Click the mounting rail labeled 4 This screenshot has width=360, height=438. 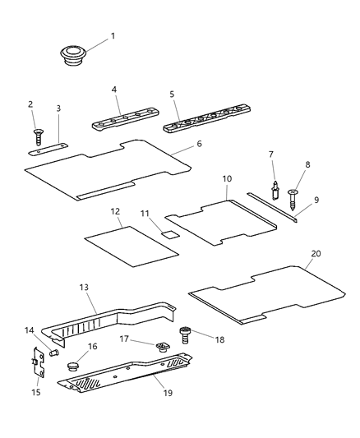point(120,121)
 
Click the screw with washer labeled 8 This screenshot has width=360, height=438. point(295,191)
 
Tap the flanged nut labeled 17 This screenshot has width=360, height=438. point(161,347)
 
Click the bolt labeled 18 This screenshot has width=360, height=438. point(185,334)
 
